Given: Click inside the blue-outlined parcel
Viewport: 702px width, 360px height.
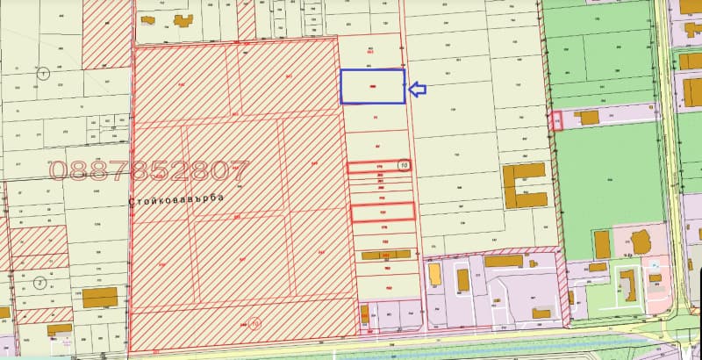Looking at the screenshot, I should [372, 86].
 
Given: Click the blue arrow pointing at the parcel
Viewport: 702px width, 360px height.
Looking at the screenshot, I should [417, 88].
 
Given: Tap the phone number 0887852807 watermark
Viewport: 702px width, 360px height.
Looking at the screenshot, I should [150, 169].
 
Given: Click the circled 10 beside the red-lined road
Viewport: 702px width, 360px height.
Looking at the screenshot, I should [404, 164].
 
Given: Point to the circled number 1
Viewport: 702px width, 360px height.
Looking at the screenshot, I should [41, 74].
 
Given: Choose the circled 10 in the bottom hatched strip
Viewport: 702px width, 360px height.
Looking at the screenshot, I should [255, 322].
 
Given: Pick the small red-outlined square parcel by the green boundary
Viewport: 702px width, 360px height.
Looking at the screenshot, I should [556, 120].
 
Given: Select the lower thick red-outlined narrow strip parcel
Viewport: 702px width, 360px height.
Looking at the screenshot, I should [382, 211].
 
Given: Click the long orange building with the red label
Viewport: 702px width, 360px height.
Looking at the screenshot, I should [386, 255].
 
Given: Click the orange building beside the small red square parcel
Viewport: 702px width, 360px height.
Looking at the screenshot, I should [586, 117].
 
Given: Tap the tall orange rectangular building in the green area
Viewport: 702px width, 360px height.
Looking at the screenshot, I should [602, 244].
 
